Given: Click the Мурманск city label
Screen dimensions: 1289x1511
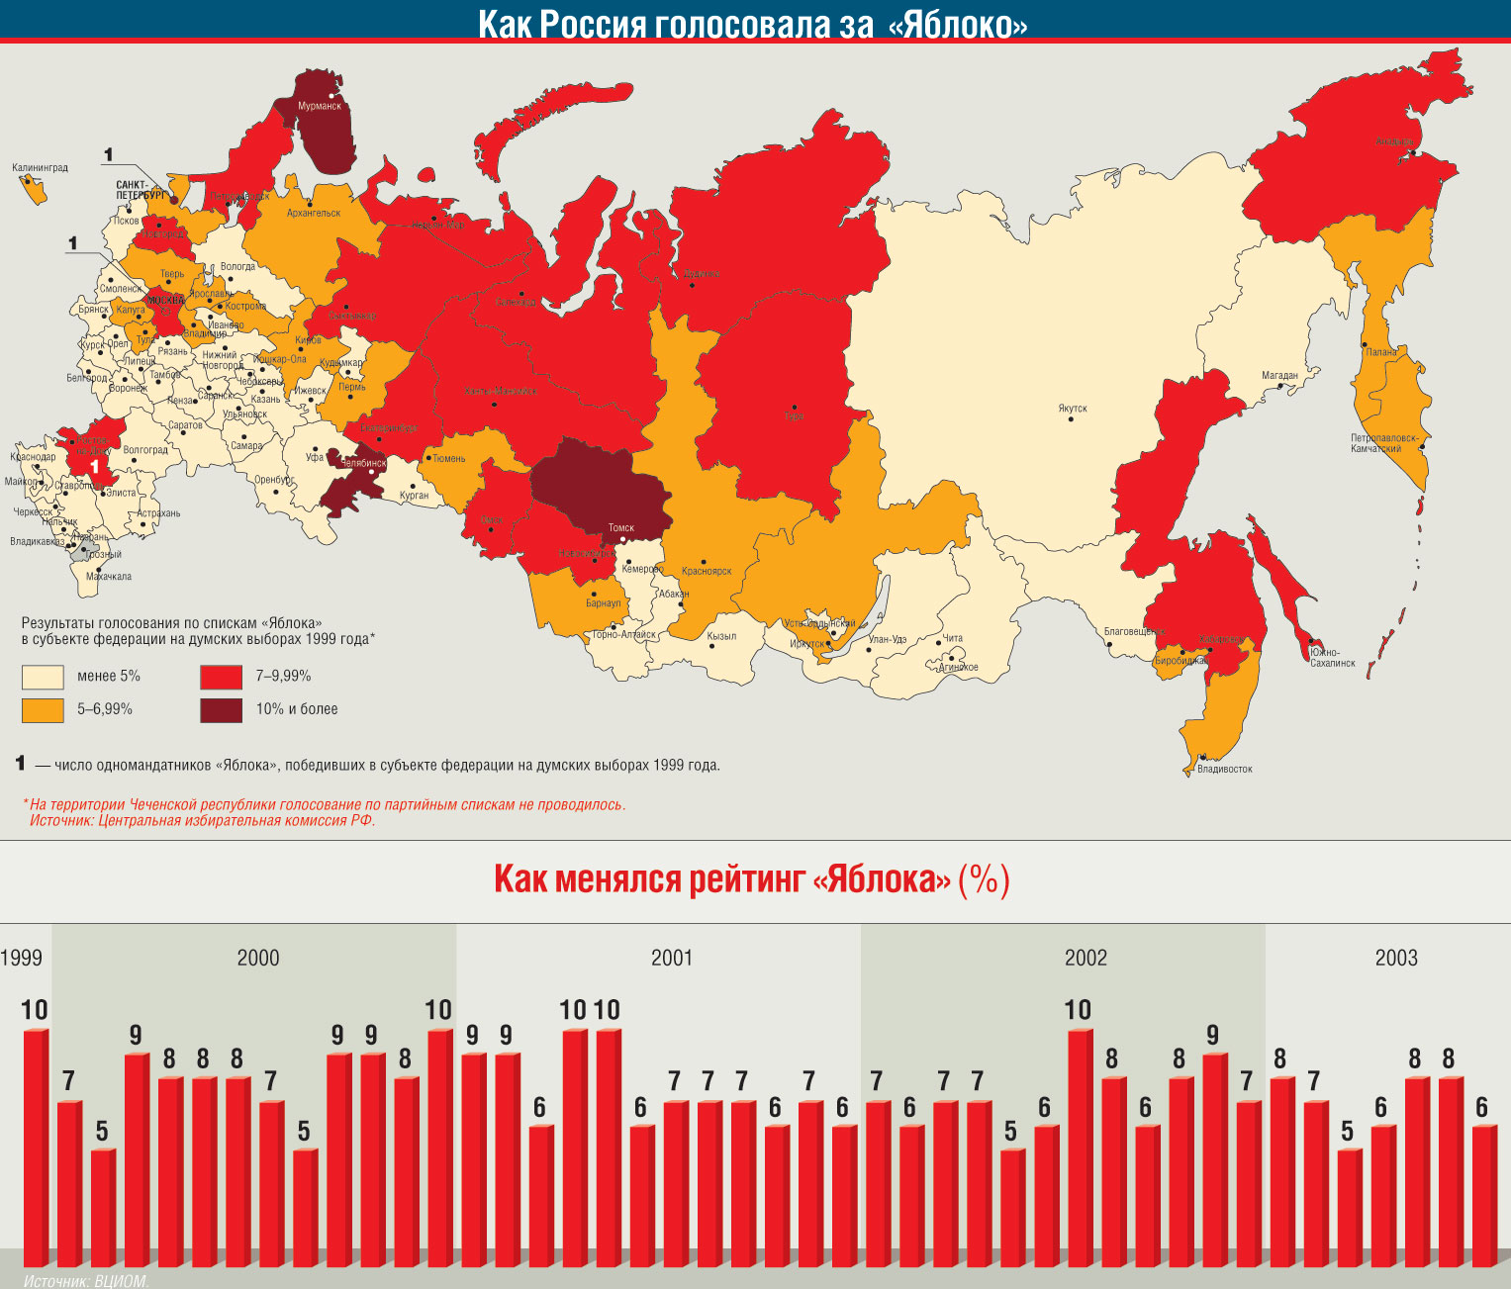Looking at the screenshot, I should [320, 106].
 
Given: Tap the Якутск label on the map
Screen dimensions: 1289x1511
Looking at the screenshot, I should [1072, 409].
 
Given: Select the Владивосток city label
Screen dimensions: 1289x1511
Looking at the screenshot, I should [1224, 769].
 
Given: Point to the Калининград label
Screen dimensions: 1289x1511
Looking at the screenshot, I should [40, 168].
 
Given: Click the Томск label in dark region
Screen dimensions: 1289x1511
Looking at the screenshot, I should [620, 527].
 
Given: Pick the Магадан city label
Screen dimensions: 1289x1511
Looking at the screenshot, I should [1279, 376].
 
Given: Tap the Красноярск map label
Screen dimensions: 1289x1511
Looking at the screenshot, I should [707, 572].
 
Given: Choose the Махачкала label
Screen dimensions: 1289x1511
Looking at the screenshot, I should [109, 577].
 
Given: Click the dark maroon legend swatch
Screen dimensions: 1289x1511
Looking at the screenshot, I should [221, 709].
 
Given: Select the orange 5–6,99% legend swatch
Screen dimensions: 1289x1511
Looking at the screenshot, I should [43, 709].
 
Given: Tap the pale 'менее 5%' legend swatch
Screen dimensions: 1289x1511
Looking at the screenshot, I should [43, 677].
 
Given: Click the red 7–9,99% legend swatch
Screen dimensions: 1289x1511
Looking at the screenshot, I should [221, 677].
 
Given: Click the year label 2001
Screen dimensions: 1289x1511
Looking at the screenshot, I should [672, 958].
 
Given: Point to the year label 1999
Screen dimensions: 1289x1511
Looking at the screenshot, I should [21, 958].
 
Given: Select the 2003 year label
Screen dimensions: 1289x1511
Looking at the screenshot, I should [1396, 958].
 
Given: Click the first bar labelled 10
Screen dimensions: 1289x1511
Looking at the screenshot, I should [36, 1148].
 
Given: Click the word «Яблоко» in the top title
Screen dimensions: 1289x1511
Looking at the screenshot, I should [958, 24].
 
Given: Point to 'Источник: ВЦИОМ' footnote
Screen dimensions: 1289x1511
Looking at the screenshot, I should [85, 1281].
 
